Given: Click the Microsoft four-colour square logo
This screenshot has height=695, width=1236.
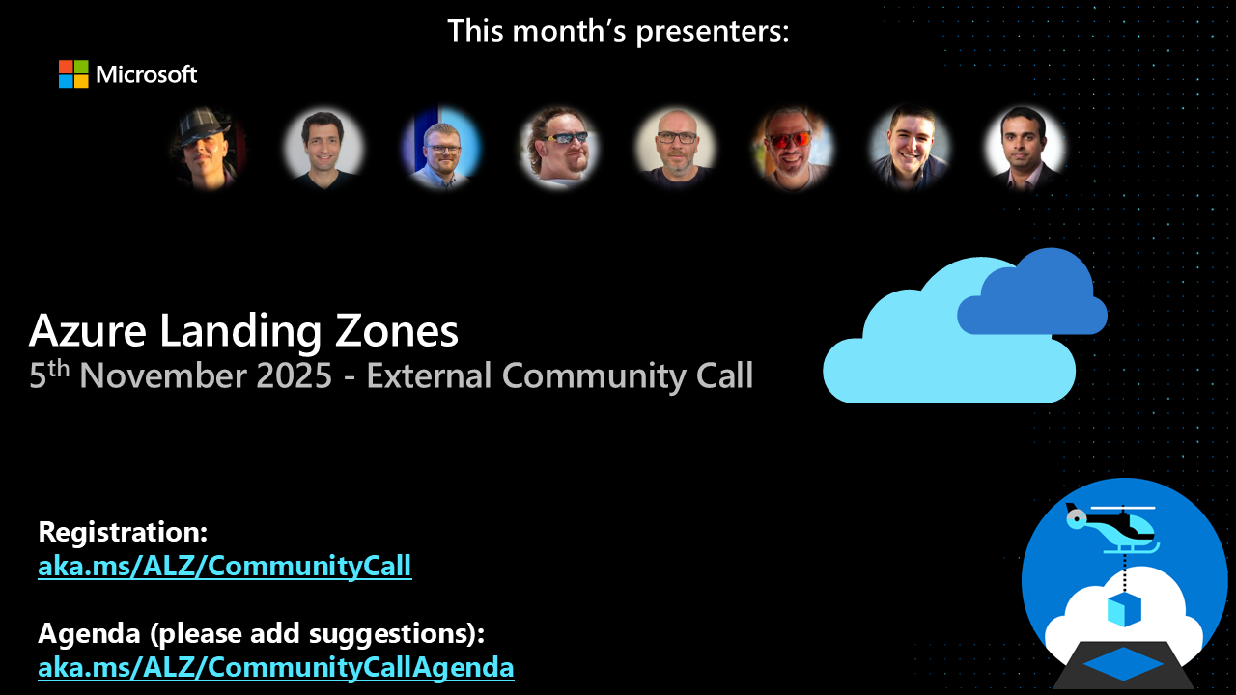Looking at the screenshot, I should tap(73, 74).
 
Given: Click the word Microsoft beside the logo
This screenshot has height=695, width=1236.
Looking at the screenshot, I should tap(147, 74).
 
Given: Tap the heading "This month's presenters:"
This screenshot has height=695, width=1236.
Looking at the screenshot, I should tap(618, 31).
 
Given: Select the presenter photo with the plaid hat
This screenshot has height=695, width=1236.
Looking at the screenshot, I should tap(207, 147).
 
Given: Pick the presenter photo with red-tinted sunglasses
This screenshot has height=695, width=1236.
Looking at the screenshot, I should tap(793, 147).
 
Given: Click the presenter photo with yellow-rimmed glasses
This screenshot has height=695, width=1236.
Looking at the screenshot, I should tap(558, 147).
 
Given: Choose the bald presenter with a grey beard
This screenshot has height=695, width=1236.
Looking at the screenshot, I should tap(676, 147).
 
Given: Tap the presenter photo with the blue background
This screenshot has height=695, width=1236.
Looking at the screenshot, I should tap(441, 147).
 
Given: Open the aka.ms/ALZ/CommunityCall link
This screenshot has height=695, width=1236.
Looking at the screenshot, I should tap(225, 566).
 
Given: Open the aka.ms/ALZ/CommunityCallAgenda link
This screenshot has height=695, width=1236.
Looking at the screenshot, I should tap(276, 667).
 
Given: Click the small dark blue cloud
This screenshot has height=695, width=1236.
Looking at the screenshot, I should tap(1033, 294).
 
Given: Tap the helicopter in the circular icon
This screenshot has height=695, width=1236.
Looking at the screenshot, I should tap(1110, 525).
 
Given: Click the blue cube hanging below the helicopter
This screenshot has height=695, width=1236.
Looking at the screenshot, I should tap(1124, 609).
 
